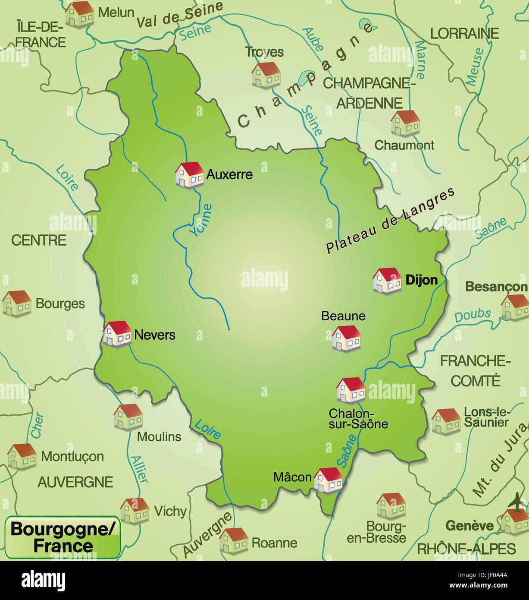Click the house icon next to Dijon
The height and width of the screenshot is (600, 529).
tap(386, 281)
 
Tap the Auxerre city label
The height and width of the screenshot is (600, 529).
tap(229, 175)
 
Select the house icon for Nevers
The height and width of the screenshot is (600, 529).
tap(117, 334)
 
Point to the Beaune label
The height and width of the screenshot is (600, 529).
tap(343, 316)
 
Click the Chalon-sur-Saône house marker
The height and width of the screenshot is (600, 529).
tap(351, 390)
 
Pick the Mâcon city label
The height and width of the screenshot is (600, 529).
tap(292, 477)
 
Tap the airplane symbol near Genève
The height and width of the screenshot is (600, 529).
tap(517, 503)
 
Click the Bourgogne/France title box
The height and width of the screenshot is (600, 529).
tap(63, 537)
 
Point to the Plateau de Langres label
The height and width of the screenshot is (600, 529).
tap(391, 221)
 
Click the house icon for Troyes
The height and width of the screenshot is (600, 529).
tap(266, 75)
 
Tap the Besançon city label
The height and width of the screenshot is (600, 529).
tap(496, 287)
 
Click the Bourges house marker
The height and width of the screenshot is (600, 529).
tap(17, 303)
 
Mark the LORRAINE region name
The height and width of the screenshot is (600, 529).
tap(465, 33)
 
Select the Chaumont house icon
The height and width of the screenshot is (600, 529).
tap(405, 123)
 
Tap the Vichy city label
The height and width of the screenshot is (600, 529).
tap(170, 512)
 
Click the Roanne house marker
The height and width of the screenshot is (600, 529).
tap(233, 540)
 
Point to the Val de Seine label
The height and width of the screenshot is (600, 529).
tap(180, 15)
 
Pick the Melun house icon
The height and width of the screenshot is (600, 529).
tap(79, 14)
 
